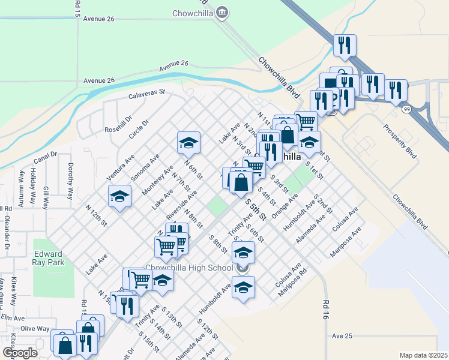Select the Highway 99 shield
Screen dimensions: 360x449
click(x=408, y=109)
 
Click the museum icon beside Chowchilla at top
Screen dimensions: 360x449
click(x=222, y=12)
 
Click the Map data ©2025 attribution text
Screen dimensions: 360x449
click(x=423, y=355)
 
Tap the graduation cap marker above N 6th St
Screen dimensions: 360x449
click(x=188, y=142)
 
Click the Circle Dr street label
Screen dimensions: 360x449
click(x=139, y=129)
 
